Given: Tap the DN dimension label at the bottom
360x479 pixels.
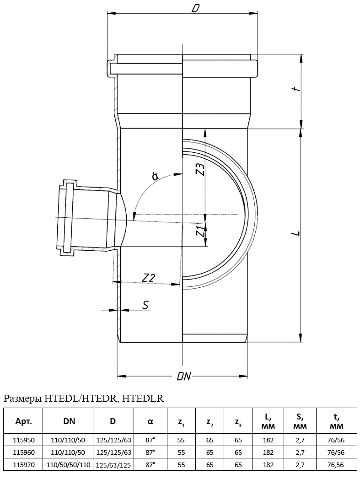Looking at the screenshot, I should pyautogui.click(x=183, y=377).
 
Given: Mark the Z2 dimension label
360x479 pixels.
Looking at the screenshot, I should pyautogui.click(x=149, y=277).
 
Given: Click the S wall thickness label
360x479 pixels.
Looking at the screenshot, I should pyautogui.click(x=145, y=305).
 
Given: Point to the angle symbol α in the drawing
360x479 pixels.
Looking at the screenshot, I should pyautogui.click(x=156, y=177).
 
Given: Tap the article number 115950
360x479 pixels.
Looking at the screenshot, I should pyautogui.click(x=23, y=440).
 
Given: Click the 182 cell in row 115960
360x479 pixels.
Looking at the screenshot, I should pyautogui.click(x=269, y=452).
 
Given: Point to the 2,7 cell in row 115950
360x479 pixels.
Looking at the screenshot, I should pyautogui.click(x=300, y=440).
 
